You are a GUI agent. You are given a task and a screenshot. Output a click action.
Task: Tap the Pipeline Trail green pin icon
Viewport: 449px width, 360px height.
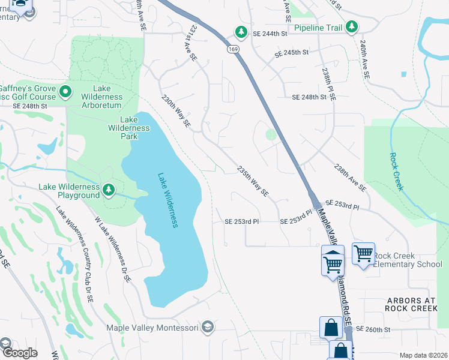pos(351,27)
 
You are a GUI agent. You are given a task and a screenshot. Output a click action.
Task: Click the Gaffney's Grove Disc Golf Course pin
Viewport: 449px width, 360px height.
pos(66,92)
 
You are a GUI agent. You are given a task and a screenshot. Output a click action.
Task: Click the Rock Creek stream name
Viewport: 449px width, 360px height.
pos(396,170)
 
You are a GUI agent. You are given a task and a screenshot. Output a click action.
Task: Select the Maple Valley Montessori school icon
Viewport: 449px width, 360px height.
pos(208,327)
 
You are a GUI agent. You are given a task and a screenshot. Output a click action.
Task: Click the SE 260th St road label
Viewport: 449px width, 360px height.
pos(373,329)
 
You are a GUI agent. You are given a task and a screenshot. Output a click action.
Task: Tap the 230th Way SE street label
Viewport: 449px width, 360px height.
pos(175,110)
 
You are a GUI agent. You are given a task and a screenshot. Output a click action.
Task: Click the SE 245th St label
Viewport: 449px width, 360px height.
pos(291,53)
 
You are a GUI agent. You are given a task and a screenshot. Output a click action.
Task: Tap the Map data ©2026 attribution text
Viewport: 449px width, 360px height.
pos(423,355)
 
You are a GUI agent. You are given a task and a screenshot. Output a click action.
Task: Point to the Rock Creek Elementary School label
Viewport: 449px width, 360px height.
pos(408,260)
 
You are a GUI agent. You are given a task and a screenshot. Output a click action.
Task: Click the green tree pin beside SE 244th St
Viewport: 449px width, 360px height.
pos(241,31)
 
